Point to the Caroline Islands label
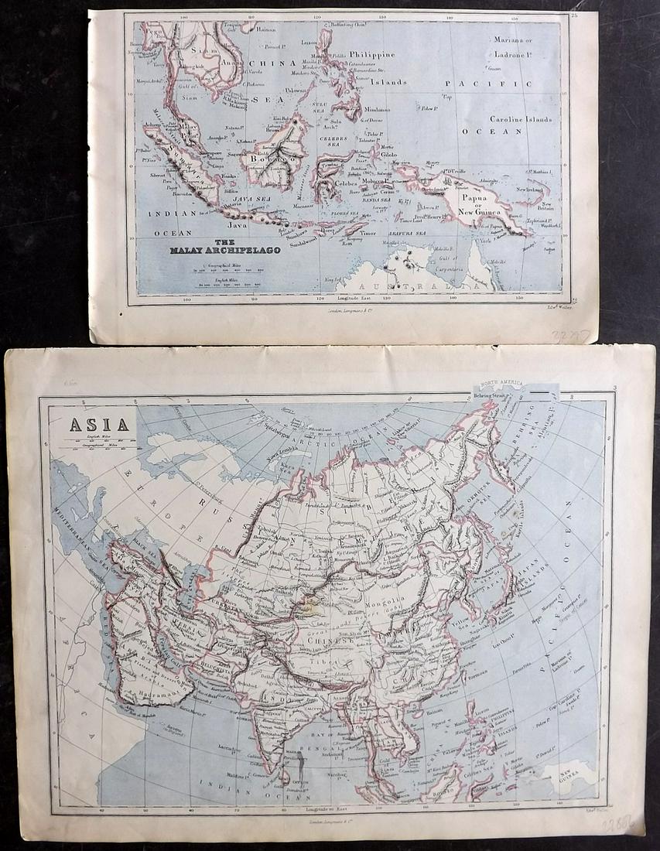pyautogui.click(x=521, y=120)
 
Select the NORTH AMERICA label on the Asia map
pyautogui.click(x=502, y=384)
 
